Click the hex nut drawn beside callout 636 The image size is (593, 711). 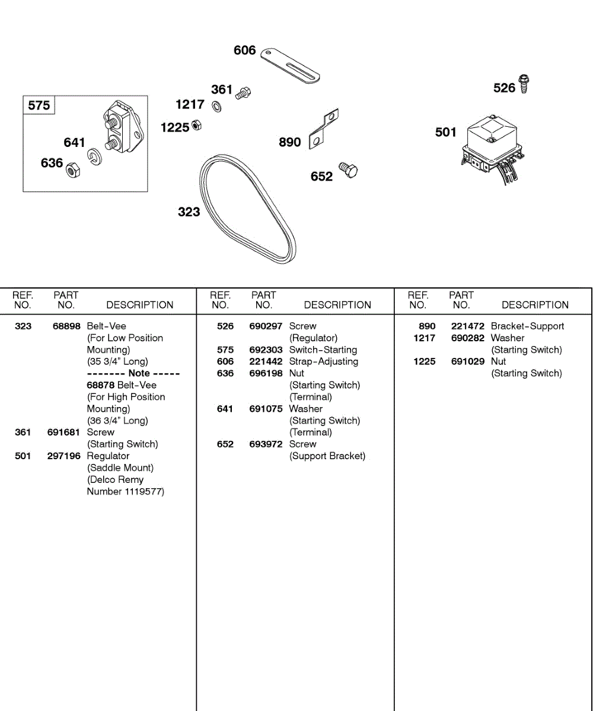(72, 169)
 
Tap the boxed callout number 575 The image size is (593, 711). (39, 105)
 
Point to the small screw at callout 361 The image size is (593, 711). (243, 92)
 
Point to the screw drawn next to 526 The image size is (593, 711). (524, 84)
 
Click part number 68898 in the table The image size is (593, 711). (66, 326)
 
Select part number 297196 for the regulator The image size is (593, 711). (64, 456)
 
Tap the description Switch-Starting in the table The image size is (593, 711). (323, 350)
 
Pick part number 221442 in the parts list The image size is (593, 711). (266, 361)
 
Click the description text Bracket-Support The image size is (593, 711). (528, 326)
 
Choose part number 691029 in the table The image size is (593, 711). (468, 361)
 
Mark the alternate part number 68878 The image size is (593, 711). (101, 385)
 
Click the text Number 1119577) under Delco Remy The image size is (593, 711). (126, 492)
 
